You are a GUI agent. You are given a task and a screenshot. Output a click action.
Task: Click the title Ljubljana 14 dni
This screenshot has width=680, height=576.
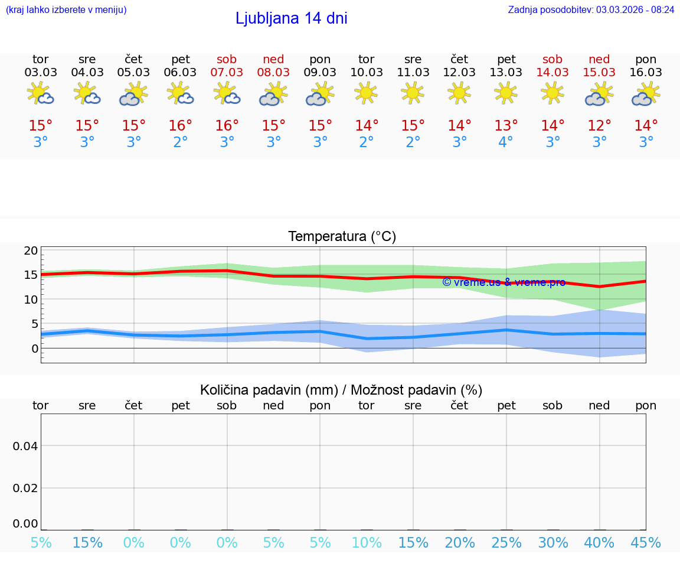pyautogui.click(x=291, y=18)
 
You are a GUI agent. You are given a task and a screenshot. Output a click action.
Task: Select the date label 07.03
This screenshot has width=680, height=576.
pyautogui.click(x=227, y=73)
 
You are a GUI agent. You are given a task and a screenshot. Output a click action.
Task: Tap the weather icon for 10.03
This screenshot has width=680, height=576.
pyautogui.click(x=366, y=93)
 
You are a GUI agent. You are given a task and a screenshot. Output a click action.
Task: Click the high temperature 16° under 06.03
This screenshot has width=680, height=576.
pyautogui.click(x=180, y=126)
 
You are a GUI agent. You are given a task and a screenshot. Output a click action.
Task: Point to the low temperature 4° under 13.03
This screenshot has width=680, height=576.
pyautogui.click(x=506, y=142)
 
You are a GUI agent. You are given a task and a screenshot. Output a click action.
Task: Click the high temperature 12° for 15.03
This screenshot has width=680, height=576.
pyautogui.click(x=599, y=126)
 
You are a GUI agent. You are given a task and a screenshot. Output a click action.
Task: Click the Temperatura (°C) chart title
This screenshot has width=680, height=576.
pyautogui.click(x=342, y=237)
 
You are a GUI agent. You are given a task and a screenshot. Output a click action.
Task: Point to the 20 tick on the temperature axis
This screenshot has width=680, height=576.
pyautogui.click(x=31, y=250)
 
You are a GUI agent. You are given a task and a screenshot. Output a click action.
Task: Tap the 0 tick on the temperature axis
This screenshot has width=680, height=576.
pyautogui.click(x=34, y=348)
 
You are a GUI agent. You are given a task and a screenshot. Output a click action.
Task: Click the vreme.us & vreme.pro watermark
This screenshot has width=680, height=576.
pyautogui.click(x=504, y=282)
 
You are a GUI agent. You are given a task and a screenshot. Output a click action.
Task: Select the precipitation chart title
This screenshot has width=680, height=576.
pyautogui.click(x=341, y=390)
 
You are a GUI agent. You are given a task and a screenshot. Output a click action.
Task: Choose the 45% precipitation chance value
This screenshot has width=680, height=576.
pyautogui.click(x=646, y=543)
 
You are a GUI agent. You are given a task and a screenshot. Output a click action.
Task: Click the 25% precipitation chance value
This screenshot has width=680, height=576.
pyautogui.click(x=506, y=543)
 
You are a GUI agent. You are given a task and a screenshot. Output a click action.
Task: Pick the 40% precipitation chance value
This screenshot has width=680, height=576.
pyautogui.click(x=599, y=543)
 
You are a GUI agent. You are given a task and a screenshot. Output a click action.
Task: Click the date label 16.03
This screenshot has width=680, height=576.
pyautogui.click(x=646, y=73)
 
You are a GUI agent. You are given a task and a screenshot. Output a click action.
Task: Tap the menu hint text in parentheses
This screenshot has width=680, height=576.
pyautogui.click(x=66, y=9)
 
